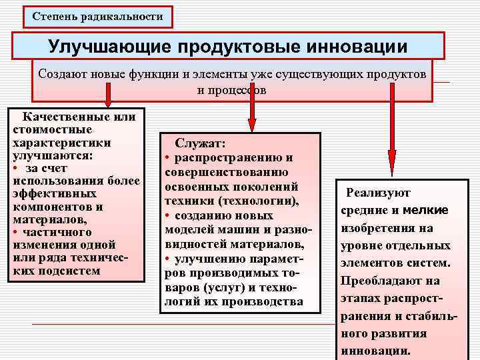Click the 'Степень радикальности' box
(97, 16)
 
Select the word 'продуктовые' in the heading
(233, 47)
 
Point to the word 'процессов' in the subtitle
(231, 90)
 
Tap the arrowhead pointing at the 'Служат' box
(252, 125)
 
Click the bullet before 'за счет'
(15, 168)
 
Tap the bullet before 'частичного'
(15, 232)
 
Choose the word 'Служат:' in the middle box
(201, 144)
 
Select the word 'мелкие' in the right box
(425, 211)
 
